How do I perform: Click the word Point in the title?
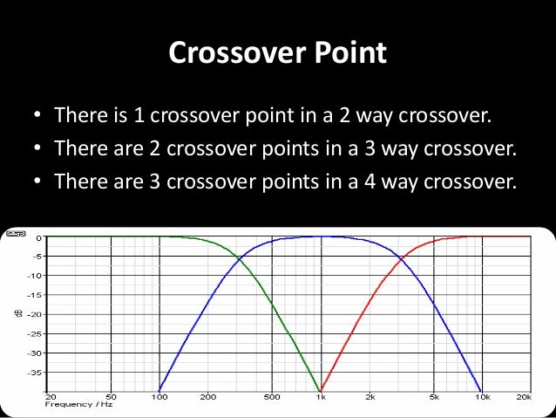(349, 55)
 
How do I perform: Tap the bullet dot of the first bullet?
(37, 116)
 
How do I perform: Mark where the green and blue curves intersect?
(239, 257)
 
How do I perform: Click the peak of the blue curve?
(320, 236)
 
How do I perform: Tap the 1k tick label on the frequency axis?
(321, 397)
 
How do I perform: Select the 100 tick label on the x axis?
(159, 397)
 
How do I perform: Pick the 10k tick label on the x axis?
(481, 397)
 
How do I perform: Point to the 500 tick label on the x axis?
(272, 397)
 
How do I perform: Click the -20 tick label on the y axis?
(35, 314)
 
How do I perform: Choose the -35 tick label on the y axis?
(35, 372)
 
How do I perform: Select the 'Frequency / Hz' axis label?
(78, 405)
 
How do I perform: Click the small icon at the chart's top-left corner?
(15, 235)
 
